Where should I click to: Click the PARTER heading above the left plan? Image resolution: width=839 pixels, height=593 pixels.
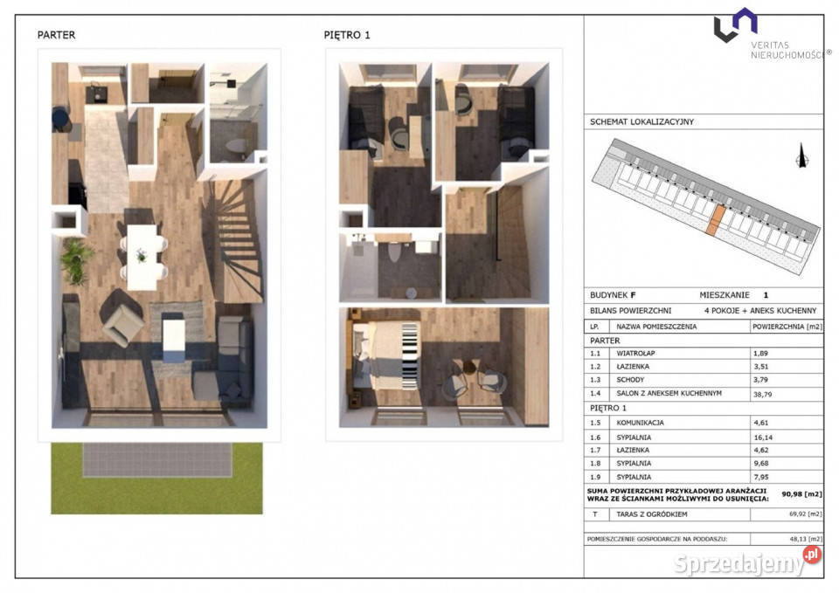click(56, 35)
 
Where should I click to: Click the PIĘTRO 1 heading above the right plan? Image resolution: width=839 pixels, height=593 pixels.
click(347, 35)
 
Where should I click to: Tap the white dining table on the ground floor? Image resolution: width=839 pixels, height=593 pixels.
click(142, 257)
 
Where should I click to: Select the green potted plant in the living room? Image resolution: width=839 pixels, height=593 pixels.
click(76, 261)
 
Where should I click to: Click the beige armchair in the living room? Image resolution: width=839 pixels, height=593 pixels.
click(122, 323)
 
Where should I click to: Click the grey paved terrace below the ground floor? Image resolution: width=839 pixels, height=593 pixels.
click(157, 459)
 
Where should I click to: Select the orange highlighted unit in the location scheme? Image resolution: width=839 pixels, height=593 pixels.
click(716, 220)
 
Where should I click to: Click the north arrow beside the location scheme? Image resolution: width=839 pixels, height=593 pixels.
click(801, 155)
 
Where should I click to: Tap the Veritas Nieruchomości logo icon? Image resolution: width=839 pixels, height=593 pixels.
click(735, 24)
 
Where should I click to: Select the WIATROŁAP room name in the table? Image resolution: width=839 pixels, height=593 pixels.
click(635, 354)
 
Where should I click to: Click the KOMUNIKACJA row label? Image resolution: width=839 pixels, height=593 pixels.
click(640, 423)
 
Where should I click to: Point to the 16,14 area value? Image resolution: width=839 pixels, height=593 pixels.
click(763, 438)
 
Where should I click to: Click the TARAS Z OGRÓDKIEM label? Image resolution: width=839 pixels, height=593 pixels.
click(652, 514)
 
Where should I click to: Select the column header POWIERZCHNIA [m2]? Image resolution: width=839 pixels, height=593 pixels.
click(787, 327)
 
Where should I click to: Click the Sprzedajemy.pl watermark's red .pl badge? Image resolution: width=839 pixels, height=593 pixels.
click(812, 555)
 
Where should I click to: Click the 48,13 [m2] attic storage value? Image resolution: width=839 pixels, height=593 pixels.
click(805, 539)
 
